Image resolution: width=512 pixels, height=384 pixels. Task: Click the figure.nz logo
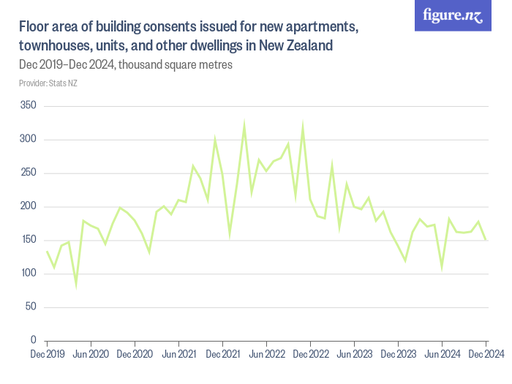453,15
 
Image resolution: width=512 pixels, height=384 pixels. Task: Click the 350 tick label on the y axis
29,106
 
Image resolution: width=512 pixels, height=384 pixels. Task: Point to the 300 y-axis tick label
29,140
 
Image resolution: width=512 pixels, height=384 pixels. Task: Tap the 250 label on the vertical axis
29,173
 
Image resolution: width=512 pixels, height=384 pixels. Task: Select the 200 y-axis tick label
29,207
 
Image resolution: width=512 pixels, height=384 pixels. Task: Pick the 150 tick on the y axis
29,240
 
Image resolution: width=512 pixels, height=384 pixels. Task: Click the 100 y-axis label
29,274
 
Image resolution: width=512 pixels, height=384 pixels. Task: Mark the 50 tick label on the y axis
31,307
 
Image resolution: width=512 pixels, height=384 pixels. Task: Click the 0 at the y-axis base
33,340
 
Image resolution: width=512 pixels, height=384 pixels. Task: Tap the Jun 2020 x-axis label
91,355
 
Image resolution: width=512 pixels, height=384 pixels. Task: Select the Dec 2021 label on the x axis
222,355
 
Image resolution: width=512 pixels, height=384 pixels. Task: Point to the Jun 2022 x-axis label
266,355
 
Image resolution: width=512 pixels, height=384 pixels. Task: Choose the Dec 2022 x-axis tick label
310,355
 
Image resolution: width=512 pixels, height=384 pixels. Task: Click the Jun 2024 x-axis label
442,355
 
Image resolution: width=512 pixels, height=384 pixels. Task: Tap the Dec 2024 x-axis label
486,355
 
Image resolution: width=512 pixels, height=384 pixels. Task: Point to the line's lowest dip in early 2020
76,285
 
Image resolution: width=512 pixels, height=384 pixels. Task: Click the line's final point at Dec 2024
486,239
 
